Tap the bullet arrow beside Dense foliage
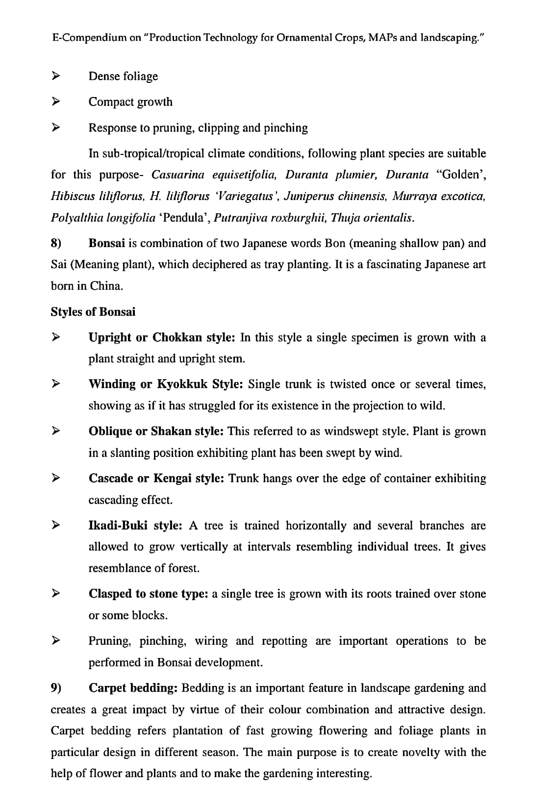pos(56,76)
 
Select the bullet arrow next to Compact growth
pos(56,101)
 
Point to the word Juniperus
pos(306,196)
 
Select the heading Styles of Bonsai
pos(93,312)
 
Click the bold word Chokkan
pos(177,337)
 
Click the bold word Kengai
pos(172,478)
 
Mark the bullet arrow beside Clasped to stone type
pos(56,594)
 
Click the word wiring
pos(211,641)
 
